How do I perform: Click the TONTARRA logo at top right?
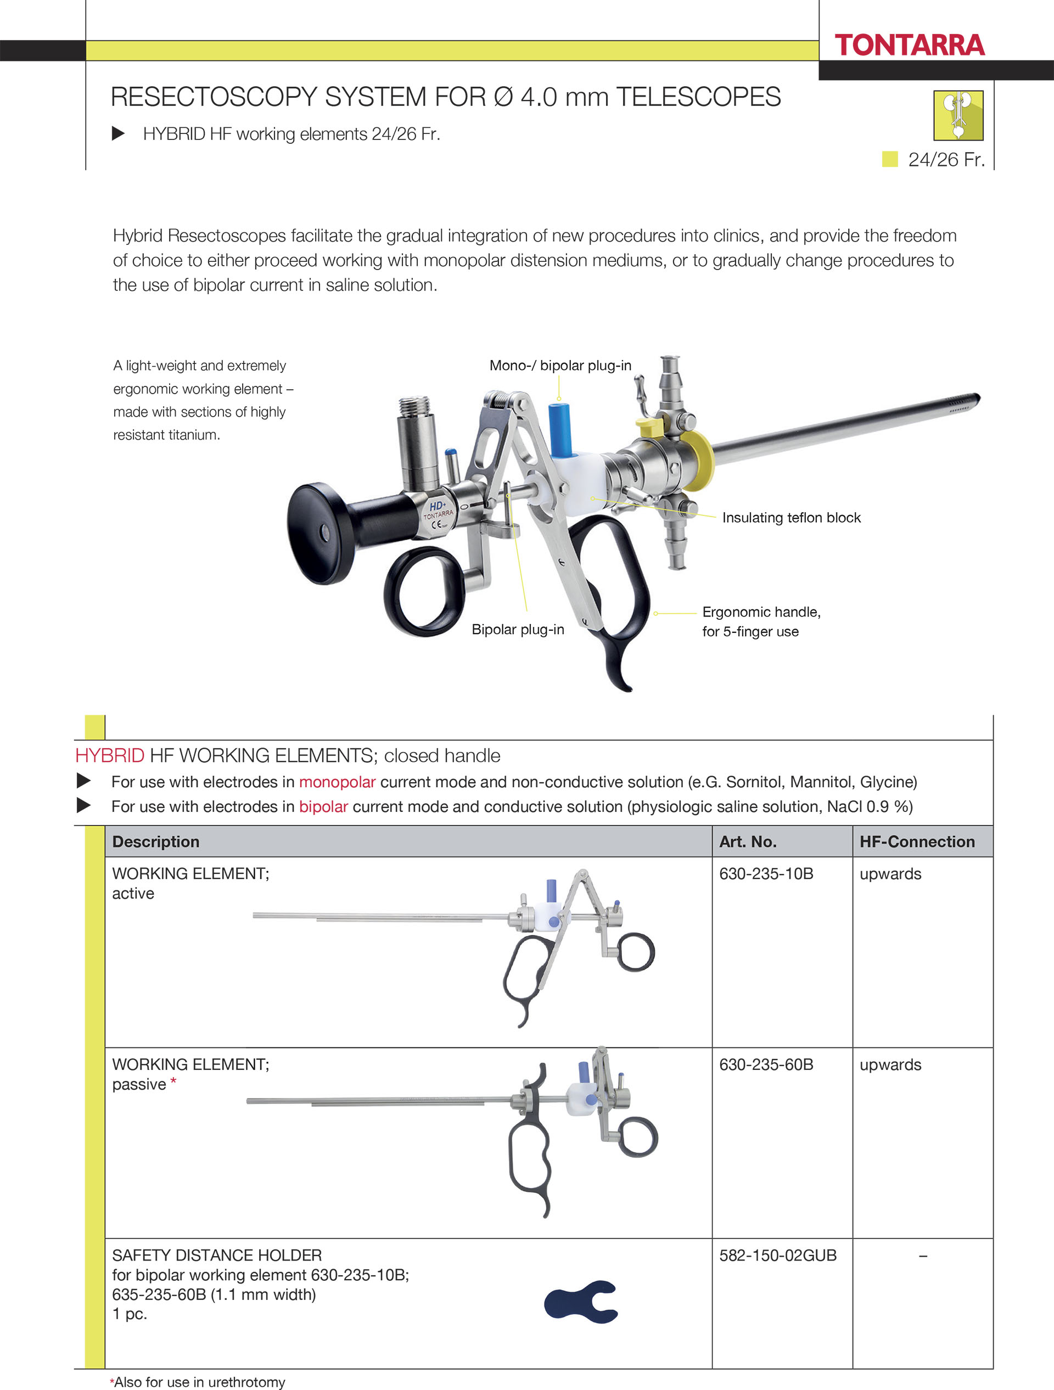click(x=909, y=45)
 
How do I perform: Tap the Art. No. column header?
click(x=747, y=842)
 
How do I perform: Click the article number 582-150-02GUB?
click(x=777, y=1255)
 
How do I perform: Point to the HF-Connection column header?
click(x=916, y=842)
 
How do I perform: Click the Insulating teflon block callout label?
click(x=790, y=517)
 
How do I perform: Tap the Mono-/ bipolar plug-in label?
click(x=560, y=365)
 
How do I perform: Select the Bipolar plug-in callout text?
click(x=517, y=629)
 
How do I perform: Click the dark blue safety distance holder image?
click(x=581, y=1302)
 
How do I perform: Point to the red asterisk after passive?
click(x=173, y=1082)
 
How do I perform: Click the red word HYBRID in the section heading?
click(x=109, y=755)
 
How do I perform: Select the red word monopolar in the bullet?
click(x=337, y=782)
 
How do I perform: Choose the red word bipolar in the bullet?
click(x=323, y=806)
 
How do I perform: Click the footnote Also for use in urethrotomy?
click(x=199, y=1382)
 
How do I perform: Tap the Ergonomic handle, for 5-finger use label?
click(x=760, y=621)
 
